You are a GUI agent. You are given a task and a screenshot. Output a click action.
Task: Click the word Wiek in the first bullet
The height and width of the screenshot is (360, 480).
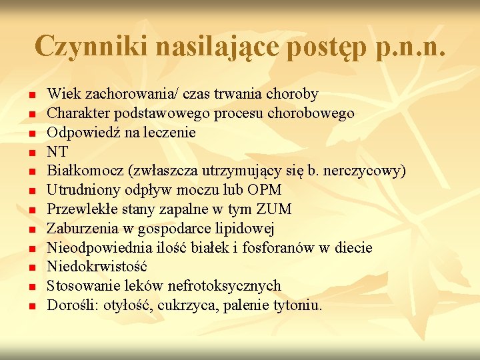tap(61, 94)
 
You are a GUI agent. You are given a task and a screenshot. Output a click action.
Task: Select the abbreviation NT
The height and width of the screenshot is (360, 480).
tap(57, 151)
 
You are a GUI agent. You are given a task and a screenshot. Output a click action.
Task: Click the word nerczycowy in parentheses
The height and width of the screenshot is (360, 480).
tap(367, 171)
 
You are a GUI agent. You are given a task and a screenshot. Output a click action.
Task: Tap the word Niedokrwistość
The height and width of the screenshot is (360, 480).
tap(96, 267)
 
